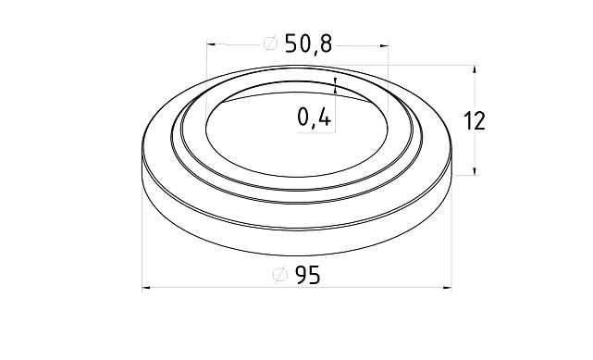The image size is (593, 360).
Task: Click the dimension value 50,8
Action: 310,43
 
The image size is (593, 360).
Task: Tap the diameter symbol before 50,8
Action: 271,44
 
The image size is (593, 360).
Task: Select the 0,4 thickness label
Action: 315,118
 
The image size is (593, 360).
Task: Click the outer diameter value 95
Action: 308,275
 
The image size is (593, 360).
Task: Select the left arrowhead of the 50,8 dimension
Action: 212,43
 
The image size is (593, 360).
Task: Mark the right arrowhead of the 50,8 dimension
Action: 383,43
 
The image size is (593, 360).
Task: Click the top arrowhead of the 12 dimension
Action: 476,69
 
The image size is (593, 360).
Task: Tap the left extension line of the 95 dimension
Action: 142,231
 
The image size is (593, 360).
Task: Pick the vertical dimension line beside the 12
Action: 476,93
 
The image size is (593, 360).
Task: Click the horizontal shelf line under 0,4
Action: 315,132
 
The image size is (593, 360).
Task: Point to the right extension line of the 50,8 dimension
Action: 389,60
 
